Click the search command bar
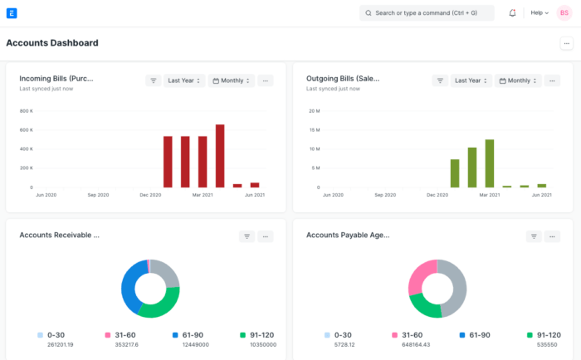[x=427, y=13]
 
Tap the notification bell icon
[x=512, y=13]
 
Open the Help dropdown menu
[x=539, y=13]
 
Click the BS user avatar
[x=564, y=13]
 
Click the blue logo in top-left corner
[x=11, y=13]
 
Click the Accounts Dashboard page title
[x=52, y=43]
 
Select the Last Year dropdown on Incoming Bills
[x=184, y=80]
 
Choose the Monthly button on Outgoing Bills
[x=518, y=80]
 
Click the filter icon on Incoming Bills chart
[x=154, y=80]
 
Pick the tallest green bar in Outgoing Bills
[x=490, y=163]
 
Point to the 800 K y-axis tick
[x=26, y=110]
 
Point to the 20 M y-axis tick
[x=314, y=110]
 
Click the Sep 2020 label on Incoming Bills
[x=98, y=195]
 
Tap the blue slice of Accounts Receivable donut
[x=129, y=286]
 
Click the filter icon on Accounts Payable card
[x=533, y=236]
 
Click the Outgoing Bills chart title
[x=342, y=79]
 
